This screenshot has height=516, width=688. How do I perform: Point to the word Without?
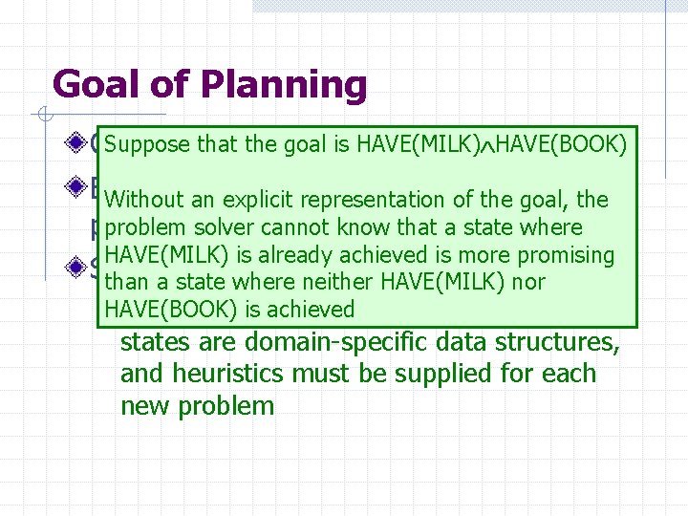[x=143, y=200]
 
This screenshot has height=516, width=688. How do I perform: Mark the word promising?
[x=563, y=255]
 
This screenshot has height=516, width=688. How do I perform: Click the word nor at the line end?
[x=527, y=282]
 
